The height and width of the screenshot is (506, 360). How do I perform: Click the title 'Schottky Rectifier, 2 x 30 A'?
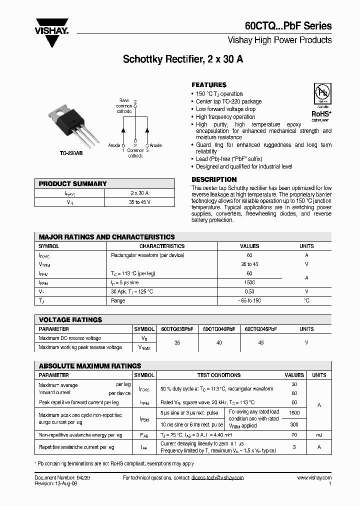[183, 59]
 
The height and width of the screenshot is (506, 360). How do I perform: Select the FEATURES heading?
[209, 85]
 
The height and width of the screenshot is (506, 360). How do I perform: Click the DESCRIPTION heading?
[214, 179]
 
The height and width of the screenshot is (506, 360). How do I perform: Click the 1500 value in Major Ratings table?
[249, 282]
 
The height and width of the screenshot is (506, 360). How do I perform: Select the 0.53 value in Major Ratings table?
[249, 291]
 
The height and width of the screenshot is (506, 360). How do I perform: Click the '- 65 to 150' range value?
[249, 300]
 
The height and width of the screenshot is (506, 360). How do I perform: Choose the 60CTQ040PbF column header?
[219, 329]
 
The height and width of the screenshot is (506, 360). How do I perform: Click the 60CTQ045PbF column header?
[260, 329]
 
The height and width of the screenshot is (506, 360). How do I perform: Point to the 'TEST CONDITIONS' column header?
[219, 375]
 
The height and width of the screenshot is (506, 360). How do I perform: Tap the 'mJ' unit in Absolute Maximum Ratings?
[319, 435]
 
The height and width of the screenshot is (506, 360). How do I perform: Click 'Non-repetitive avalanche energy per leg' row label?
[80, 435]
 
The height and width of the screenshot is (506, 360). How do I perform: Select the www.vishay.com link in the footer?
[314, 478]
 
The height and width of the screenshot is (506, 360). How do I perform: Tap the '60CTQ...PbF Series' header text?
[288, 26]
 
